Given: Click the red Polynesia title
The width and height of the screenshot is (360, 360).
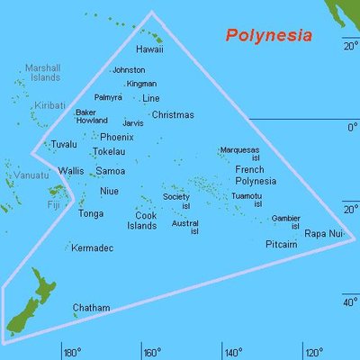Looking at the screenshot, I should [x=268, y=36].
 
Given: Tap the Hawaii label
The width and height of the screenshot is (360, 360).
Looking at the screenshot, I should [x=149, y=49].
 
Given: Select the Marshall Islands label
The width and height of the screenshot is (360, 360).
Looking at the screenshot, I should [x=42, y=72].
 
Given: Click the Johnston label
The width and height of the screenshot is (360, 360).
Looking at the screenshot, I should [x=128, y=70].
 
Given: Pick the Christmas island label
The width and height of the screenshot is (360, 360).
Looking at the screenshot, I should [x=173, y=115].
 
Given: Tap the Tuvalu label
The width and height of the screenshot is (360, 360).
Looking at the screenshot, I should [x=64, y=144].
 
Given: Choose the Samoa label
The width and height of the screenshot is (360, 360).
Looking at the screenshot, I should [x=111, y=171].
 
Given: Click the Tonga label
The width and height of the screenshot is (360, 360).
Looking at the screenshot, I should [x=91, y=214].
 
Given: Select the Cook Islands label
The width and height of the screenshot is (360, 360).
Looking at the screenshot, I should [x=140, y=220].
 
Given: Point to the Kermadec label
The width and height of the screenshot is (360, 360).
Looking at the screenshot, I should [x=93, y=247].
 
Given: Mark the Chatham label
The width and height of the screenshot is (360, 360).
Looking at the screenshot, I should [x=91, y=308].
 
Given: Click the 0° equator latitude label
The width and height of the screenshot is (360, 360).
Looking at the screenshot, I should [x=353, y=128].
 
